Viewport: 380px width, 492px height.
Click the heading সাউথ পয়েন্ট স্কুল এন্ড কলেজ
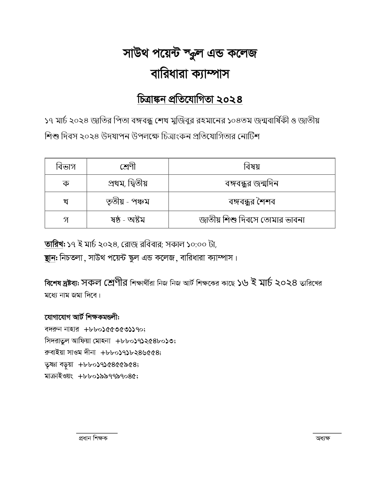[190, 53]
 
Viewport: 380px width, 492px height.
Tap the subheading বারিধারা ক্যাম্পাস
[190, 74]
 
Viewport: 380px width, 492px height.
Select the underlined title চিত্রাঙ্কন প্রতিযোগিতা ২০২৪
[190, 99]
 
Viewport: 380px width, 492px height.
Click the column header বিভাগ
[66, 166]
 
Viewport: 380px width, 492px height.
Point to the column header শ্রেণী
[128, 166]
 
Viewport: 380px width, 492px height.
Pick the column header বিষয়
[252, 166]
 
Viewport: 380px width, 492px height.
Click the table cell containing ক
[66, 183]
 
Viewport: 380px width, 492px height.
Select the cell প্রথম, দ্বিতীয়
[128, 183]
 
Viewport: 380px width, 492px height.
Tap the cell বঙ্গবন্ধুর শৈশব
[252, 202]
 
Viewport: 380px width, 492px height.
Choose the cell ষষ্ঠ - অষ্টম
[128, 220]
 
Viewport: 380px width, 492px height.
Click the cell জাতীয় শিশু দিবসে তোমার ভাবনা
[252, 220]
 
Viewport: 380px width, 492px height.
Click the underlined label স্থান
[50, 258]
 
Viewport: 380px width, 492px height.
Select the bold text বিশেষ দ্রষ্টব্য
[61, 283]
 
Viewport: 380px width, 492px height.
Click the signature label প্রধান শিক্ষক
[93, 438]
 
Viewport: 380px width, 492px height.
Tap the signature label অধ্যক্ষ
[323, 438]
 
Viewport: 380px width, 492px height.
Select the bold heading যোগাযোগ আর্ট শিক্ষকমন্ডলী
[82, 317]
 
